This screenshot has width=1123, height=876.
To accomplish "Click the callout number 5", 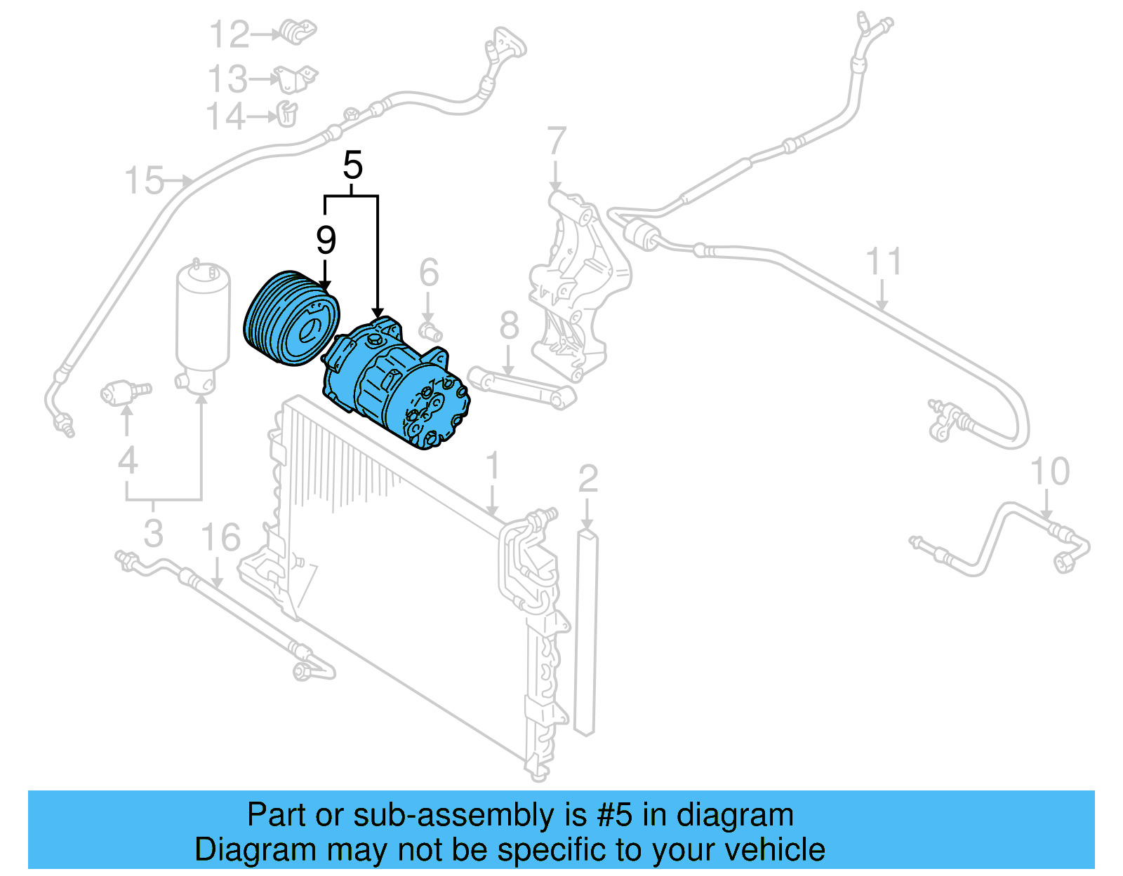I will pyautogui.click(x=352, y=166).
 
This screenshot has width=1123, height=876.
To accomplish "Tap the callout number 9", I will pyautogui.click(x=326, y=241).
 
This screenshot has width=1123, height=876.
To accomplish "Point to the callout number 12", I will pyautogui.click(x=230, y=34).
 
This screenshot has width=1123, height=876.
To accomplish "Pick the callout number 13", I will pyautogui.click(x=227, y=79).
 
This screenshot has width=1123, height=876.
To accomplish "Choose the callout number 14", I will pyautogui.click(x=226, y=116).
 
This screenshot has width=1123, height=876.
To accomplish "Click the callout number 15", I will pyautogui.click(x=144, y=181).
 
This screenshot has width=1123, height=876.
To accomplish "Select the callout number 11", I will pyautogui.click(x=883, y=262).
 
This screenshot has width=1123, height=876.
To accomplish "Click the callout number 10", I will pyautogui.click(x=1049, y=471).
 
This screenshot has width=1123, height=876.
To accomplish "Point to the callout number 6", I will pyautogui.click(x=429, y=273).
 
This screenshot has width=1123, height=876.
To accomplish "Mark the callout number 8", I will pyautogui.click(x=509, y=325).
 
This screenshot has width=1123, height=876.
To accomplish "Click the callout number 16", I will pyautogui.click(x=220, y=538).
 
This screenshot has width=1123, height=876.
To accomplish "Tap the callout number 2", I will pyautogui.click(x=588, y=478).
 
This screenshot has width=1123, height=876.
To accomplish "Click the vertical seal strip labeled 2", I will pyautogui.click(x=586, y=631).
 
